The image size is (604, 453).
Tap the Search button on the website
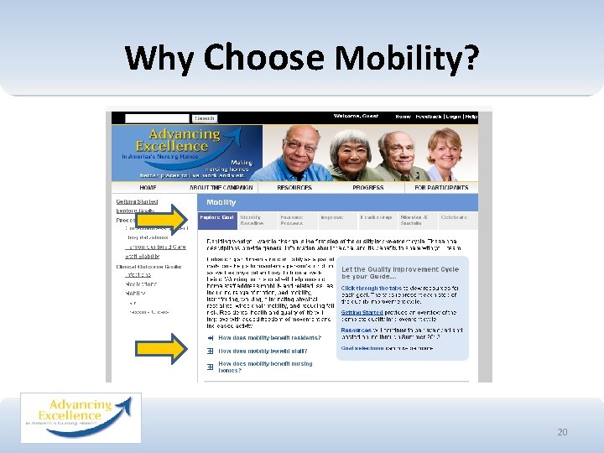(x=205, y=118)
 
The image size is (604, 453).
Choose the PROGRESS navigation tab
(x=368, y=188)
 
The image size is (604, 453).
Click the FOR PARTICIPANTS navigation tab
(x=443, y=188)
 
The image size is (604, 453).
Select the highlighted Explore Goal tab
(x=216, y=217)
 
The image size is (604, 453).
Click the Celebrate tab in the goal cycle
(x=454, y=217)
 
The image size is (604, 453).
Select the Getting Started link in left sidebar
(x=136, y=202)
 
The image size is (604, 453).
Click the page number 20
(x=562, y=432)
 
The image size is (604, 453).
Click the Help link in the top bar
(x=471, y=117)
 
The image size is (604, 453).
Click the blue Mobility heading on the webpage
(x=221, y=202)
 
